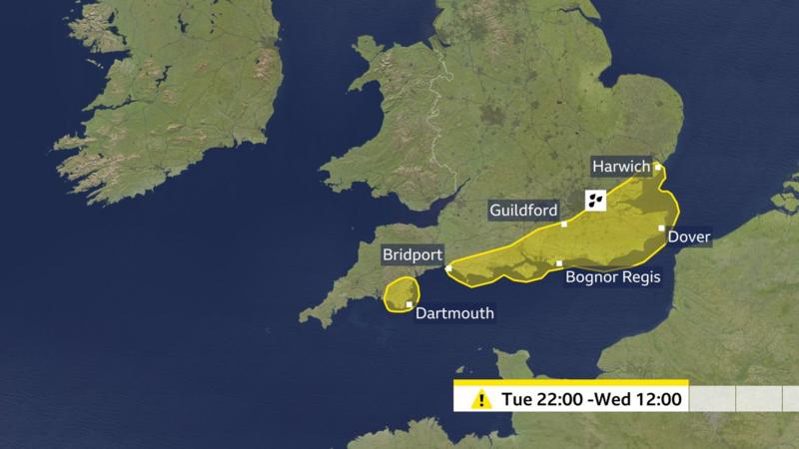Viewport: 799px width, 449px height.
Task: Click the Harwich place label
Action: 620,167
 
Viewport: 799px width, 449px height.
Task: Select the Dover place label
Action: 688,237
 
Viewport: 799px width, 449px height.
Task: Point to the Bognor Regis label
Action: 613,276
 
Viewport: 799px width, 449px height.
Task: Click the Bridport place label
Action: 411,255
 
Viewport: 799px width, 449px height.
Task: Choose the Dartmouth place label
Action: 454,313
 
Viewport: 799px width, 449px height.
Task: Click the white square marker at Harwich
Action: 657,167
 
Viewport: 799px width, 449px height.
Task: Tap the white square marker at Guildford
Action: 564,224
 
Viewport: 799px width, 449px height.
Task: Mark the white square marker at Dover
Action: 661,228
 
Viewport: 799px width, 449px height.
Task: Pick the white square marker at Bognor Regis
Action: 559,263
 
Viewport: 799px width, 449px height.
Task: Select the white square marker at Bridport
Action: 448,267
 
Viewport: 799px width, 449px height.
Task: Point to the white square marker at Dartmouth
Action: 409,304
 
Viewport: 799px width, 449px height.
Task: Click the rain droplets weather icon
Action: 595,200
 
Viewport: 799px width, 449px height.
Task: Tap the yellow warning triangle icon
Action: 481,400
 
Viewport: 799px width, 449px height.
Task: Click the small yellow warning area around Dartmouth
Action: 400,290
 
